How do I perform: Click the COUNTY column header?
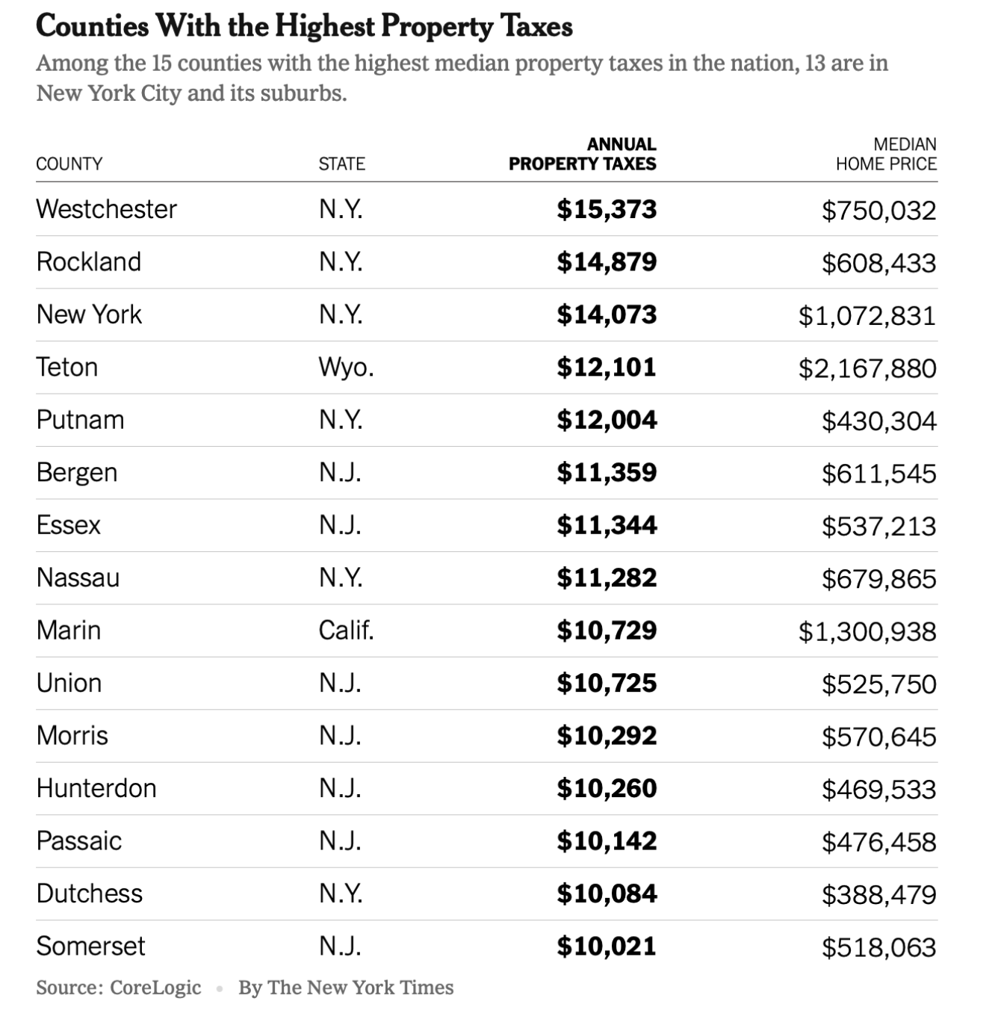(69, 164)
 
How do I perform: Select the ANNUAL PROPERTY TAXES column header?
(583, 155)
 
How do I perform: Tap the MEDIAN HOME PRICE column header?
(886, 155)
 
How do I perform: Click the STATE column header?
(341, 164)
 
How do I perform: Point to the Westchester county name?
(106, 209)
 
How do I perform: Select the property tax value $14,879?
(607, 262)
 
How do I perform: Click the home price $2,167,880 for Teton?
(867, 368)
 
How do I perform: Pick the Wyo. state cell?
(346, 368)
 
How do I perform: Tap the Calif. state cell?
(346, 631)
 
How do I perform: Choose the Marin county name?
(69, 631)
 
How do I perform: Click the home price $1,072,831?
(867, 316)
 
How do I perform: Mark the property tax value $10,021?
(607, 947)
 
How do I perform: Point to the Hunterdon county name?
(96, 789)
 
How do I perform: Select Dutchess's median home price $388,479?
(878, 895)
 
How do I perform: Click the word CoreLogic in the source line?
(155, 988)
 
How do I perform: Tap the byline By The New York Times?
(346, 988)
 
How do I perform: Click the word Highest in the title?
(325, 27)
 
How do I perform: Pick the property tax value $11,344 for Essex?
(607, 526)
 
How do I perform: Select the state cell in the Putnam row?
(341, 420)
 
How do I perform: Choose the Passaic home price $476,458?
(878, 843)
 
